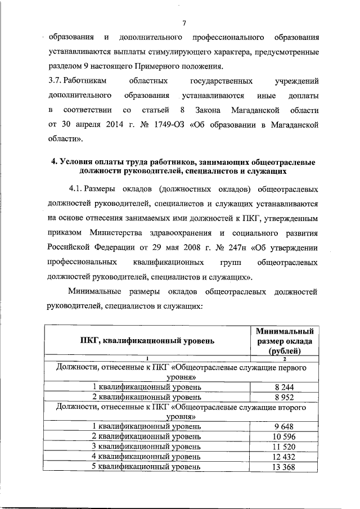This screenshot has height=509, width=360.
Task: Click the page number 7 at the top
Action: pos(184,22)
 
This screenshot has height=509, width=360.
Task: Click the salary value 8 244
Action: pos(285,387)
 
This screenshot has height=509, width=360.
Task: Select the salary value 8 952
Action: pos(285,397)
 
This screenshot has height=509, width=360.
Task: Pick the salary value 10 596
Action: pos(285,436)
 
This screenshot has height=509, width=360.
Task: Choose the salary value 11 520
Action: pos(285,447)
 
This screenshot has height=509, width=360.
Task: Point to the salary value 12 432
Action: pos(285,457)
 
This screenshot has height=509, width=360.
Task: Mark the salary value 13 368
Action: pos(285,466)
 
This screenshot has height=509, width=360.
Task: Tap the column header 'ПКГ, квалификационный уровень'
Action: pos(147,340)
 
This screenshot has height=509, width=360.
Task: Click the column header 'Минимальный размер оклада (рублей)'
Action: pos(285,340)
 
